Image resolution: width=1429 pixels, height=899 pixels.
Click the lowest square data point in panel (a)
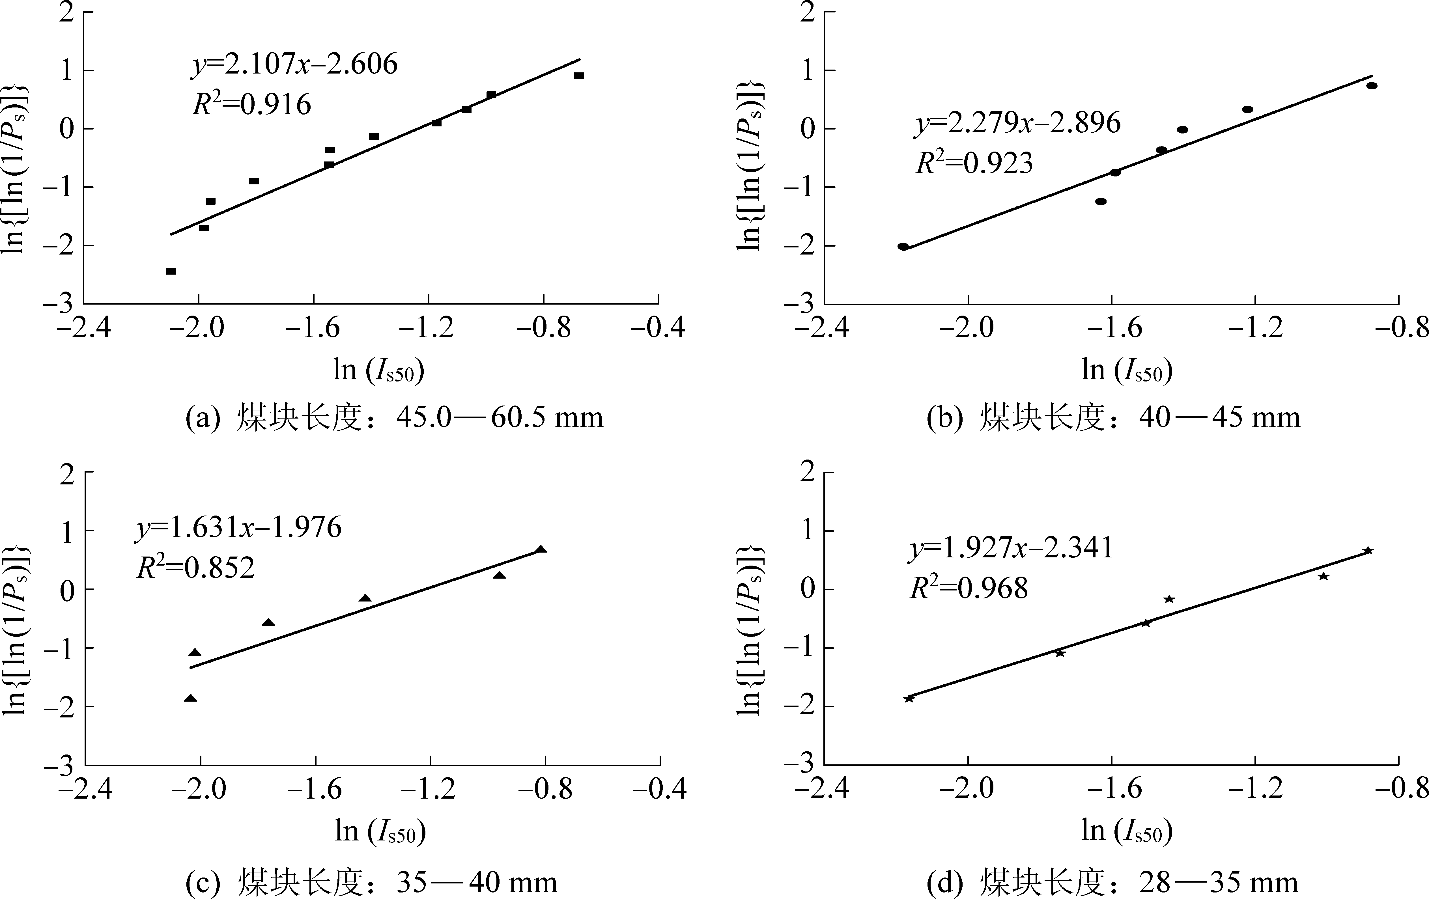click(171, 271)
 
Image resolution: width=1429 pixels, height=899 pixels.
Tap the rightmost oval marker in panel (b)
click(1371, 85)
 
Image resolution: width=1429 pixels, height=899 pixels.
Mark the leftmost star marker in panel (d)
click(909, 698)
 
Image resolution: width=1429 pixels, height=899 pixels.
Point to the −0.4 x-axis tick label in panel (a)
click(658, 327)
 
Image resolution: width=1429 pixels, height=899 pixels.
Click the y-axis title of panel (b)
click(751, 166)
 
